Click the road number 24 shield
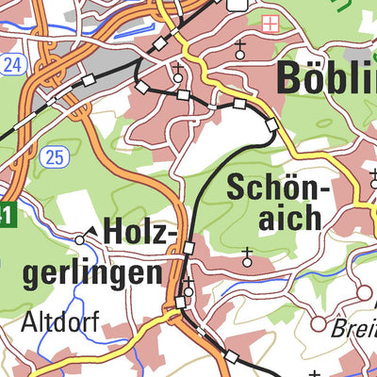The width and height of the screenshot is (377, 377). point(10,65)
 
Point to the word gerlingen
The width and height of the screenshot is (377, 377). point(90,273)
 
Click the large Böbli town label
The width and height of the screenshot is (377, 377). point(326,77)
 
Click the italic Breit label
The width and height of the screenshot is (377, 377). point(352,330)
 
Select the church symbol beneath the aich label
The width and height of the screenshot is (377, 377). point(248,254)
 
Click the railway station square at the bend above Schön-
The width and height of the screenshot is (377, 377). point(271,125)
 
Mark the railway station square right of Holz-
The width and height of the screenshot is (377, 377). point(188,248)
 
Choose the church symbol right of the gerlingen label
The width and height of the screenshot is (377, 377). point(188,287)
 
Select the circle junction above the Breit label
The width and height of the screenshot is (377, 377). point(364,294)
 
